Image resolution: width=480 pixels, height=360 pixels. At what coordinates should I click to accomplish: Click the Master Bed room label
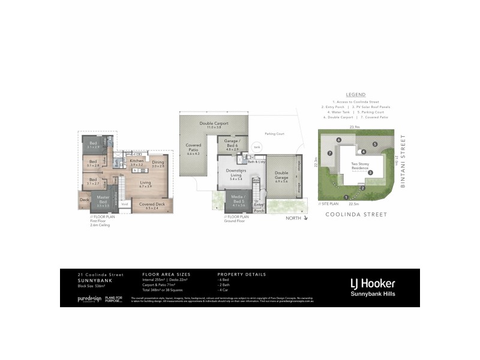coord(103,199)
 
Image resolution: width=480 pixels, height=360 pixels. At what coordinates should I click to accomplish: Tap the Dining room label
coord(158,162)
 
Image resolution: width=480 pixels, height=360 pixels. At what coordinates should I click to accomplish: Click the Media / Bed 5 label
coord(238,200)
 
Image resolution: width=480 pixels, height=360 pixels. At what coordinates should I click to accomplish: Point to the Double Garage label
coord(281,176)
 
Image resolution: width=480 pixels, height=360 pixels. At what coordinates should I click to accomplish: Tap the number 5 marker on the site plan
coord(374,145)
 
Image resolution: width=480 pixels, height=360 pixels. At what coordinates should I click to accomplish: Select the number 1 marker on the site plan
coord(346,197)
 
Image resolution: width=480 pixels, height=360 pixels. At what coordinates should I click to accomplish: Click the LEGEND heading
coord(356,95)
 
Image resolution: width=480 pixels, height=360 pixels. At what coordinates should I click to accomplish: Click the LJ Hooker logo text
coord(372,283)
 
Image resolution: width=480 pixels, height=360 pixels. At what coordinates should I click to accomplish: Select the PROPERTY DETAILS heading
coord(242,274)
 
